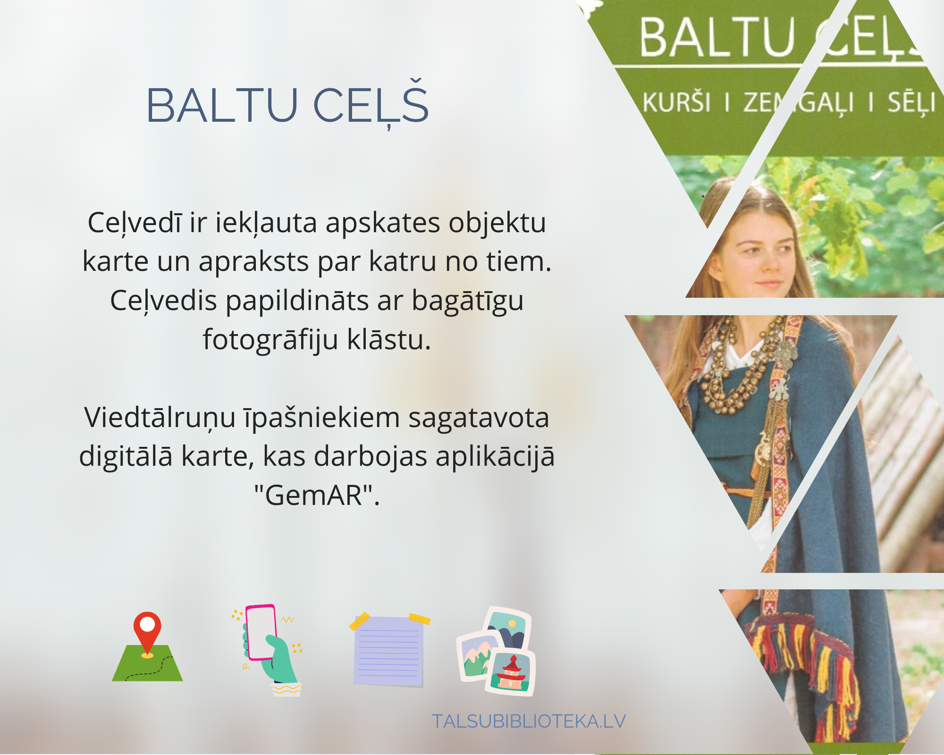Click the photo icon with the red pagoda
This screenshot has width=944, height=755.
click(x=512, y=672)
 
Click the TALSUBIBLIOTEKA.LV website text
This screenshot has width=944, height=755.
click(x=529, y=721)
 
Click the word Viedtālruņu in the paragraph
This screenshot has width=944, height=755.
click(x=160, y=419)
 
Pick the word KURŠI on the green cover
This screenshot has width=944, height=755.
click(x=676, y=102)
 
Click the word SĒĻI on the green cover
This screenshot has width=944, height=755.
click(x=911, y=102)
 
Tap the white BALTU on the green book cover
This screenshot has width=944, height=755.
click(x=717, y=38)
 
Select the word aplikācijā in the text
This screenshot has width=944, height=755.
click(x=495, y=458)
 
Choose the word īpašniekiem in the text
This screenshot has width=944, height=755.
click(x=321, y=419)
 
